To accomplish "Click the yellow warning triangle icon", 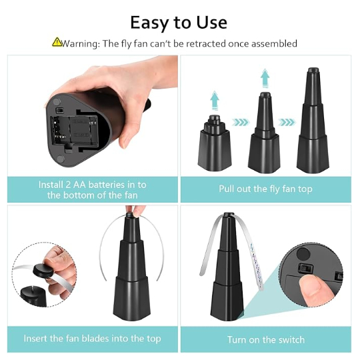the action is click(57, 42).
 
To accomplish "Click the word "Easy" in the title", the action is click(149, 23).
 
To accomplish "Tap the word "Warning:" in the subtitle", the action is click(81, 43).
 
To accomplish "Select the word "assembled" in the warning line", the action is click(275, 43).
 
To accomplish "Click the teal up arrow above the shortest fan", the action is click(215, 100).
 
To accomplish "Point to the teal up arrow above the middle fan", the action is click(265, 78).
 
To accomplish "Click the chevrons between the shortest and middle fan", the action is click(241, 122).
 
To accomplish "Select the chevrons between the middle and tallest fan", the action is click(287, 122).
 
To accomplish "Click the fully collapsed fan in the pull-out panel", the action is click(214, 143).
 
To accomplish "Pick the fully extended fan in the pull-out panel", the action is click(313, 120).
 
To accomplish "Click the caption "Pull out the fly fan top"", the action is click(265, 189).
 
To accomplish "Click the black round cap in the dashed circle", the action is click(43, 271).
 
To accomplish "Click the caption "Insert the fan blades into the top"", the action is click(92, 339).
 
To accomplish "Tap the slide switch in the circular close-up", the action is click(305, 268).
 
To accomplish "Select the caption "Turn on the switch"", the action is click(266, 339).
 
